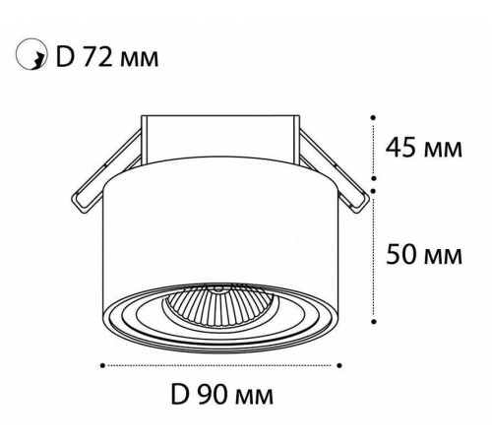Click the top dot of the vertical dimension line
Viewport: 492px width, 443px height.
pyautogui.click(x=374, y=116)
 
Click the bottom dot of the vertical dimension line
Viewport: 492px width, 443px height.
pyautogui.click(x=374, y=320)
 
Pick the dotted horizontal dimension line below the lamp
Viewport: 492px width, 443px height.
pyautogui.click(x=221, y=365)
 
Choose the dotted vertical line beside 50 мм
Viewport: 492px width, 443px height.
pyautogui.click(x=374, y=256)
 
